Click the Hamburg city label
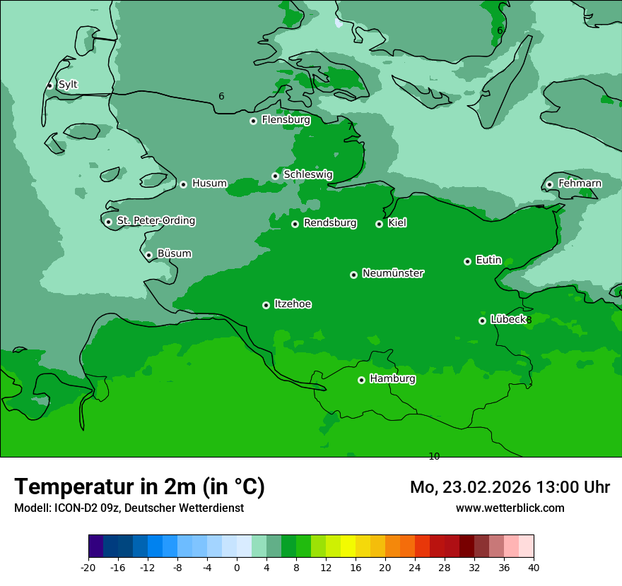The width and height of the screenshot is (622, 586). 392,378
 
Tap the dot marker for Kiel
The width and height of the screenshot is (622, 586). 379,224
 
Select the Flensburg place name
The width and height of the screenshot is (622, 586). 286,120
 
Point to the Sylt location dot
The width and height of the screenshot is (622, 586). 49,85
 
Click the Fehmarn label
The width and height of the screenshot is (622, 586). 580,184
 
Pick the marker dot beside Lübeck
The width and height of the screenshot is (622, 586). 482,321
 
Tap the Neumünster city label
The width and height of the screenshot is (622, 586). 392,273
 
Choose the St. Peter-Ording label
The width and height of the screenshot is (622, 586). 155,221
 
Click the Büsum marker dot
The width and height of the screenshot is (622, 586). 148,256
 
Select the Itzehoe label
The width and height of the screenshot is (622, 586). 293,304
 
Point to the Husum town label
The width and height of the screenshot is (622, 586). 209,184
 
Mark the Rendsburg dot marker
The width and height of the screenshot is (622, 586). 295,224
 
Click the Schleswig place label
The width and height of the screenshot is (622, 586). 307,175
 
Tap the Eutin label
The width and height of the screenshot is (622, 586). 488,261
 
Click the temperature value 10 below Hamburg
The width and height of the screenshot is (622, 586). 434,457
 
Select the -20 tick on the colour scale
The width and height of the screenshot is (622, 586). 88,567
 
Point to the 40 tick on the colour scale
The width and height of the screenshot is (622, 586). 534,567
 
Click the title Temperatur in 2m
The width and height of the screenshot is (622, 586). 140,486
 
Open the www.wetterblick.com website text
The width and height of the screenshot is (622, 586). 510,508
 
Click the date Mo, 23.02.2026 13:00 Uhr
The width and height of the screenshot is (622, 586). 510,487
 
